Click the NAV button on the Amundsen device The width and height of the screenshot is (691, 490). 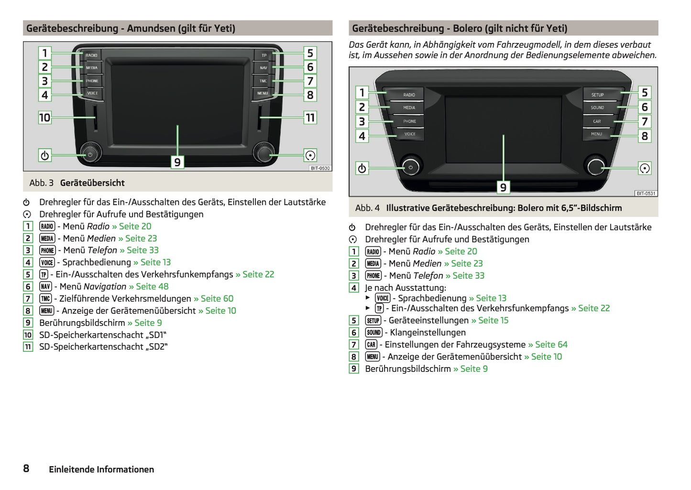point(263,68)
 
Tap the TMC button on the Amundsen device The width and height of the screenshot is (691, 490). point(263,81)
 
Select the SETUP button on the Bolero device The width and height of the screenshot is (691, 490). point(597,95)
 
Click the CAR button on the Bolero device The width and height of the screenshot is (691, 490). point(597,121)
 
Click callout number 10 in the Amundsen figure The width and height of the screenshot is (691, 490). point(44,118)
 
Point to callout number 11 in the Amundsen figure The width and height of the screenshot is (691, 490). point(310,118)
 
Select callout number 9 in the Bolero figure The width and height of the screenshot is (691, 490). point(503,187)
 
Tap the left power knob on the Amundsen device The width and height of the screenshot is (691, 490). point(90,153)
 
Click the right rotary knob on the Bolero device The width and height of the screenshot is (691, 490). point(596,166)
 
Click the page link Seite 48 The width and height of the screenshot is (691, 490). point(152,286)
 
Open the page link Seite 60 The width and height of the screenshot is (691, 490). point(217,299)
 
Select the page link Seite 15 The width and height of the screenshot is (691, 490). point(493,320)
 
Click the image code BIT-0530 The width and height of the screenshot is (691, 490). point(320,168)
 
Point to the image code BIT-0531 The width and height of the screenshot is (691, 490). point(646,194)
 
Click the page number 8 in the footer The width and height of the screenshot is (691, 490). point(26,468)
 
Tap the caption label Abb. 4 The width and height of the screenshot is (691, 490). point(367,208)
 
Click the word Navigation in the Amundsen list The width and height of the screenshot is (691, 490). point(105,286)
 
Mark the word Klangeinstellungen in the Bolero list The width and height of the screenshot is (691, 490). point(428,332)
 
